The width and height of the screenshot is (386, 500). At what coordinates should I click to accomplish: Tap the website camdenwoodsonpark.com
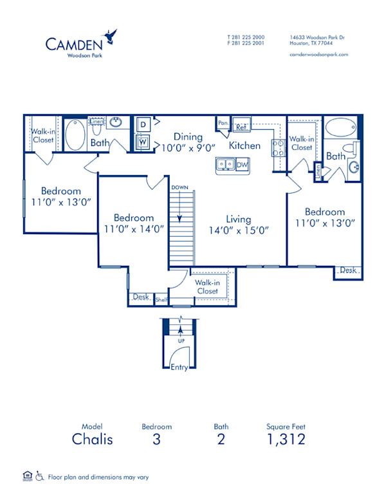(318, 55)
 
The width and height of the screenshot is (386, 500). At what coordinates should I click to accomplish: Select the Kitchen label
(245, 145)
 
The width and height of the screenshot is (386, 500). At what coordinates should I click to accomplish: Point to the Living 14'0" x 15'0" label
(238, 225)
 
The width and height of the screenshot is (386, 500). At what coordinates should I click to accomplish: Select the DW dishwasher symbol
(242, 165)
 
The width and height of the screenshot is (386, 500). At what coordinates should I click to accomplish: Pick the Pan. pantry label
(223, 122)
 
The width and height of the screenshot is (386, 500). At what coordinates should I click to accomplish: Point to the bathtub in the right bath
(340, 127)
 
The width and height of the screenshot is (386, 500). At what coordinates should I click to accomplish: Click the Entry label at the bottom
(179, 367)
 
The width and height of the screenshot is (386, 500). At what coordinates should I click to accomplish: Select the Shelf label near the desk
(161, 299)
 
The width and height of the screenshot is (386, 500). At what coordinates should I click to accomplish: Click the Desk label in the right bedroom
(348, 271)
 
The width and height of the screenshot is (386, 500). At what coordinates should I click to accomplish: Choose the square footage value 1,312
(286, 440)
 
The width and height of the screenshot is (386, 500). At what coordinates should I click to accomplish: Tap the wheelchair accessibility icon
(39, 476)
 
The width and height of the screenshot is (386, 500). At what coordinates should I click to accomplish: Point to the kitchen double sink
(225, 165)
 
